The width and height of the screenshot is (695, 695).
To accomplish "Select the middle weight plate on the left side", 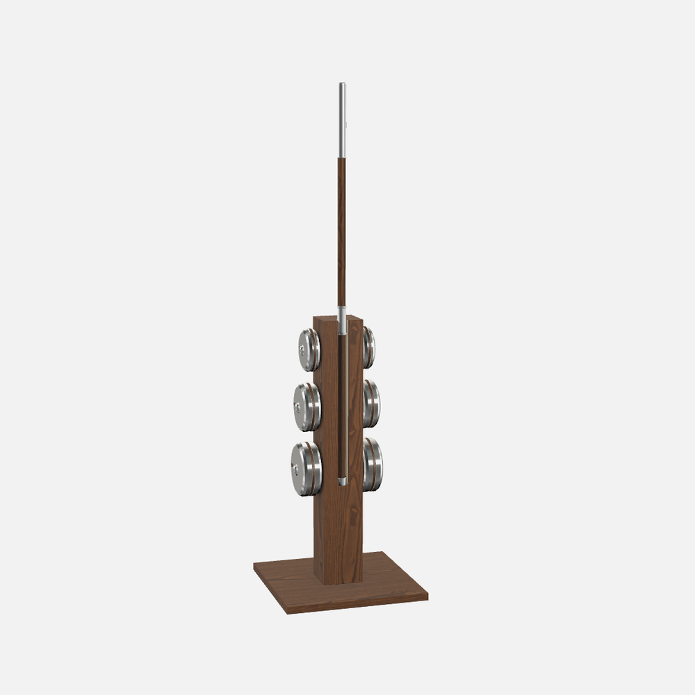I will click(x=306, y=407).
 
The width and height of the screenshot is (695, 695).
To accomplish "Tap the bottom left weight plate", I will click(x=306, y=469).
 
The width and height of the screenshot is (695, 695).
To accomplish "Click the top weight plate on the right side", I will click(x=369, y=348).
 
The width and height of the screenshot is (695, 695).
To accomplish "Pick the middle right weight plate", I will click(x=372, y=403).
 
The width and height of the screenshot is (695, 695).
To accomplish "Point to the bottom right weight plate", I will click(x=373, y=464).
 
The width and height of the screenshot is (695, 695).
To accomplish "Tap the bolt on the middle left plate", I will click(x=297, y=406).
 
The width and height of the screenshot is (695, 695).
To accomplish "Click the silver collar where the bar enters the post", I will click(x=342, y=320).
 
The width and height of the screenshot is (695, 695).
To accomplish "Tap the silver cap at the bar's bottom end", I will click(x=342, y=480).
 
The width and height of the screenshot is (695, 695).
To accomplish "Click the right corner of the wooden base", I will click(x=426, y=596).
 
